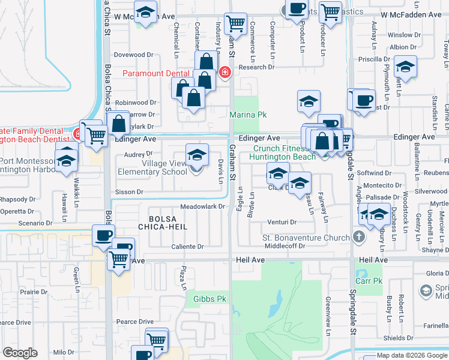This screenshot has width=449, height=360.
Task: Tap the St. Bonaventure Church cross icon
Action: [x=359, y=238]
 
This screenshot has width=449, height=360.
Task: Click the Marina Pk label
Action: [x=247, y=115]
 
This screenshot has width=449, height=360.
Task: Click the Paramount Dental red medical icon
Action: [x=225, y=73]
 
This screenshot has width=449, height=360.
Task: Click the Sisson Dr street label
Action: [x=130, y=192]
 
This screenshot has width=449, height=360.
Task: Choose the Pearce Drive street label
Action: [x=135, y=322]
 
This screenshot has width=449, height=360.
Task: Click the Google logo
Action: [x=20, y=353]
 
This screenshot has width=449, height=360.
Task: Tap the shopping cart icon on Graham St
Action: [x=236, y=25]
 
